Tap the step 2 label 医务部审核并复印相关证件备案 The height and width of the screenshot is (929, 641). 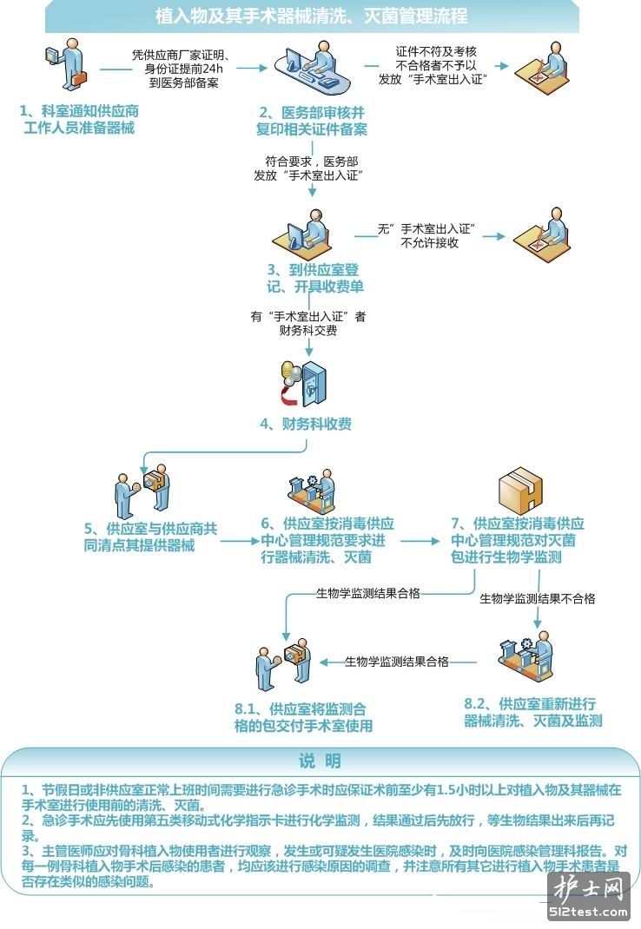click(x=313, y=121)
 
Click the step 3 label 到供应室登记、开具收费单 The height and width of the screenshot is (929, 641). click(x=315, y=278)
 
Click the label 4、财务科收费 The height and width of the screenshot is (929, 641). click(x=306, y=425)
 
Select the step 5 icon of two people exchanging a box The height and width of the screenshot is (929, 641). click(x=142, y=492)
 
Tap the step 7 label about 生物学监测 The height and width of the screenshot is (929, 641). click(x=518, y=540)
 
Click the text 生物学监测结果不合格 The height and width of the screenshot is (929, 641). click(x=538, y=599)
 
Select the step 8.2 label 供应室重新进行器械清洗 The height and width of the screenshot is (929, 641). click(x=532, y=712)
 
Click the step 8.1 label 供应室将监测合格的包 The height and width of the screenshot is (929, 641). click(x=304, y=716)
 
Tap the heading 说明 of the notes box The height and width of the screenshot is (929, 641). click(x=320, y=761)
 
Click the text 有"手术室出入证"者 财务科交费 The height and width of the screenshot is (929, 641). click(x=307, y=323)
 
